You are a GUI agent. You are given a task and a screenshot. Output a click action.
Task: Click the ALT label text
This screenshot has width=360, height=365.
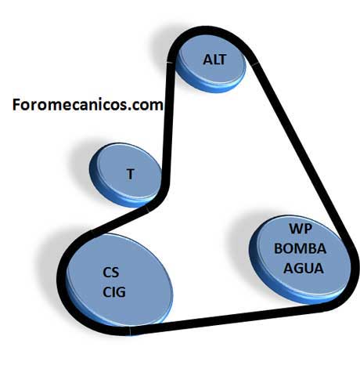tap(214, 60)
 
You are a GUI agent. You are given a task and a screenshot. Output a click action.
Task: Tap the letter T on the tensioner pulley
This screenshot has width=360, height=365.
tap(131, 174)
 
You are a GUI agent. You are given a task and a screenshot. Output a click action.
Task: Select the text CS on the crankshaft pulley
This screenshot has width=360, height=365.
tap(111, 273)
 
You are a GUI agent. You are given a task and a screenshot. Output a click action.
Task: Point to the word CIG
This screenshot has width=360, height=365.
tap(114, 292)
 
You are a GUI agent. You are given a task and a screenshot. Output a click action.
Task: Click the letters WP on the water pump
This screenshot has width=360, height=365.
tap(301, 229)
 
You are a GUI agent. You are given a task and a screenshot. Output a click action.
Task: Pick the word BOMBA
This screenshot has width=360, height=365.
tap(300, 248)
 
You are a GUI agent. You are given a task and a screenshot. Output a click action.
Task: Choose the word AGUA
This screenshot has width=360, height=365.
tap(304, 268)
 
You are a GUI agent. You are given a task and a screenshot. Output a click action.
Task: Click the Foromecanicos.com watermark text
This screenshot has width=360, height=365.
tap(88, 105)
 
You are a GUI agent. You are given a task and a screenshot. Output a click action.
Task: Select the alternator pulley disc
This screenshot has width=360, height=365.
tap(211, 64)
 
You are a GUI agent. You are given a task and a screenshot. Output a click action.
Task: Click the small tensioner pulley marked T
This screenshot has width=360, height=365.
tap(125, 175)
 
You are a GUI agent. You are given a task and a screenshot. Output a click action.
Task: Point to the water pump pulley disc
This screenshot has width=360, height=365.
tap(300, 260)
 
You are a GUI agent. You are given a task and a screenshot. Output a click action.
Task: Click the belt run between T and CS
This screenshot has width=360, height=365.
tap(119, 219)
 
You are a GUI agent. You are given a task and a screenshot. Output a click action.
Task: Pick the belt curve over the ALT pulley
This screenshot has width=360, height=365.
tap(209, 33)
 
